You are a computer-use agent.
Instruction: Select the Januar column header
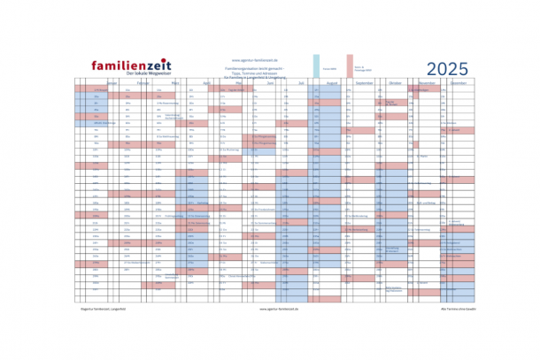(112, 82)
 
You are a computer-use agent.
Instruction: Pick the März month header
(175, 82)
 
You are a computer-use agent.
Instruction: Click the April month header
(206, 82)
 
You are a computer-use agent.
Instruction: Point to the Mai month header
(238, 82)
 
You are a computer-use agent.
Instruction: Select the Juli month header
(301, 82)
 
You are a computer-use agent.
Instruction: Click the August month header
(333, 82)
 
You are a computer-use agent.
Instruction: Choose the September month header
(365, 82)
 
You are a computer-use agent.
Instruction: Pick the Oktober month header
(396, 82)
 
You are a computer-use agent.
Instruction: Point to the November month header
(428, 82)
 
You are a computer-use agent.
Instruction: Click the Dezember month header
(459, 82)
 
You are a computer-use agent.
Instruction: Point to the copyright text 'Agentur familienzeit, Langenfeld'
(100, 310)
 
